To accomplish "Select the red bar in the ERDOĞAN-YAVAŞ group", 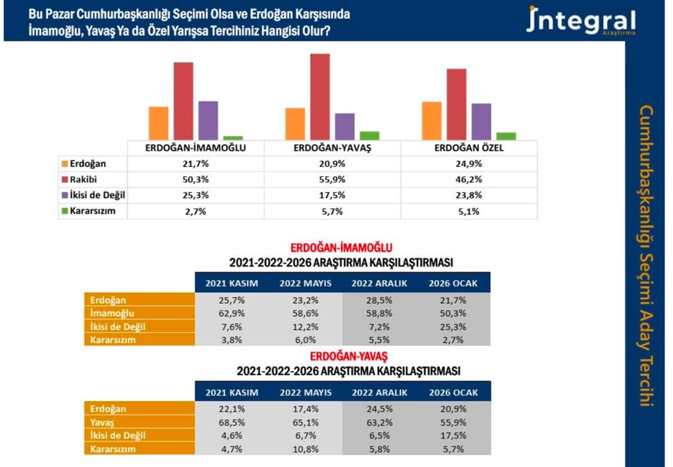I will pos(319,96).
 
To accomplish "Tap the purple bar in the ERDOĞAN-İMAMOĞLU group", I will pos(208,120).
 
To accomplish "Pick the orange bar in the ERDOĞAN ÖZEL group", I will pos(432,120).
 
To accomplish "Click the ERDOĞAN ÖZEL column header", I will pos(469,148).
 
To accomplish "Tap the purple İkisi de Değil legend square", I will pos(64,195).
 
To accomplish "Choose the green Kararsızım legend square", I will pos(64,211).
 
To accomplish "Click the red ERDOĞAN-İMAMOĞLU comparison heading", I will pos(341,248).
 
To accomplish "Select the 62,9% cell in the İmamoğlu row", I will pos(231,313).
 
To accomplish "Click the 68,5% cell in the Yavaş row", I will pos(231,422).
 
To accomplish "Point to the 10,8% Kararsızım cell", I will pos(306,449).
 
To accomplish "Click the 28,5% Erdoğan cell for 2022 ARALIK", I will pos(379,300).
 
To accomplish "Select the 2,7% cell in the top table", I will pos(196,211).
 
